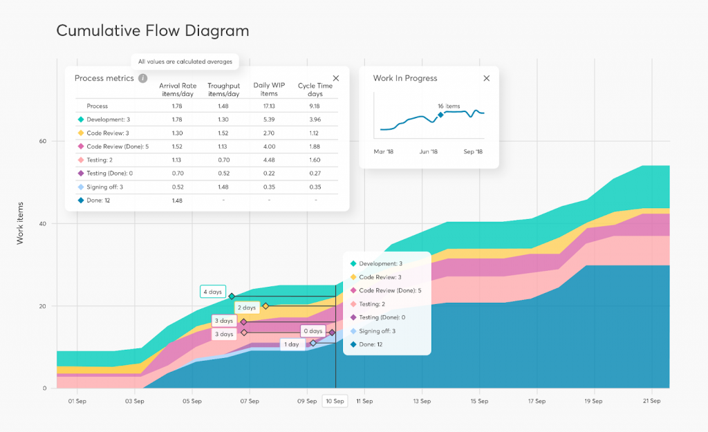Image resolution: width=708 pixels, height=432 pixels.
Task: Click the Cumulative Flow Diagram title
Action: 152,31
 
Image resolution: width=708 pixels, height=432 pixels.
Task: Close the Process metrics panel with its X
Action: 336,79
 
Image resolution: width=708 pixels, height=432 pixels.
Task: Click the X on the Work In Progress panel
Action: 486,79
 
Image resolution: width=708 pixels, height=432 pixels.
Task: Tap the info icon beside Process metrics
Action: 142,79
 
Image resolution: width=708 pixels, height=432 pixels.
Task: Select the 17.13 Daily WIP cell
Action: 269,106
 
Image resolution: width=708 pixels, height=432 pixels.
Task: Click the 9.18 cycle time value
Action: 315,106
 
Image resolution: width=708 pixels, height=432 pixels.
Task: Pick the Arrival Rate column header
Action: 178,90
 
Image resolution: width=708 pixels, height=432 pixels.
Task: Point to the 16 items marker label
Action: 449,106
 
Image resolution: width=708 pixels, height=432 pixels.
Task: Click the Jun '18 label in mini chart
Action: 429,151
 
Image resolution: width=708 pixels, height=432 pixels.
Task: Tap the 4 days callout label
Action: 213,292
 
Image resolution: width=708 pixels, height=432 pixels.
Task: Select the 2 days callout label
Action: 247,308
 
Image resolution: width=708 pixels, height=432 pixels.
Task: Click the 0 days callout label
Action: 314,332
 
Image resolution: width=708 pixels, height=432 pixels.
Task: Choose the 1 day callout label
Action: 292,344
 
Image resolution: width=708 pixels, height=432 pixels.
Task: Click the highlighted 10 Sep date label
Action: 335,401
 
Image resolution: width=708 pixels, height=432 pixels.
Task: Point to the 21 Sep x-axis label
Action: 649,401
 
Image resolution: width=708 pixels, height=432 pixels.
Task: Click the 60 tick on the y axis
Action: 42,142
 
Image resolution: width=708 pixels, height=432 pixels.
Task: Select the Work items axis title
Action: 21,223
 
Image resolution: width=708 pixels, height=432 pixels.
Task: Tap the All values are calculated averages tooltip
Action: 185,62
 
